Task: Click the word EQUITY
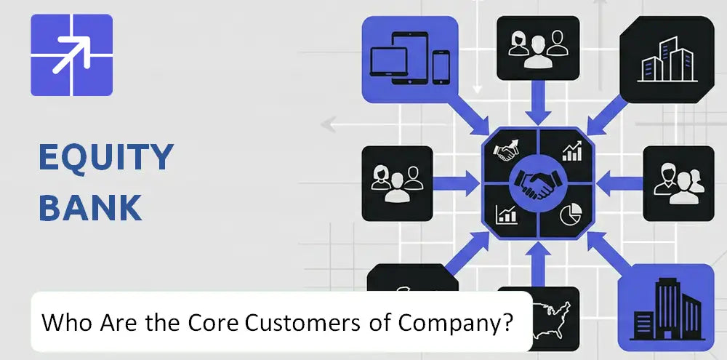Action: [x=106, y=157]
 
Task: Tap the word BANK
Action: [x=90, y=207]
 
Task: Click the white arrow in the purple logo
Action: [x=71, y=55]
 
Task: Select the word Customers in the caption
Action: [x=302, y=322]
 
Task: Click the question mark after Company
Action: [x=507, y=321]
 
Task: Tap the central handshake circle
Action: [x=538, y=183]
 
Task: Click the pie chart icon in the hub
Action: [x=570, y=215]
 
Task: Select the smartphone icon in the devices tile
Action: [x=441, y=67]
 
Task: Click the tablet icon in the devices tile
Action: [x=410, y=57]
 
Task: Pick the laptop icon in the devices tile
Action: [x=388, y=61]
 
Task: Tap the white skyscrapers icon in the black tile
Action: [x=667, y=59]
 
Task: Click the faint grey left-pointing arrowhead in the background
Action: [x=329, y=124]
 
